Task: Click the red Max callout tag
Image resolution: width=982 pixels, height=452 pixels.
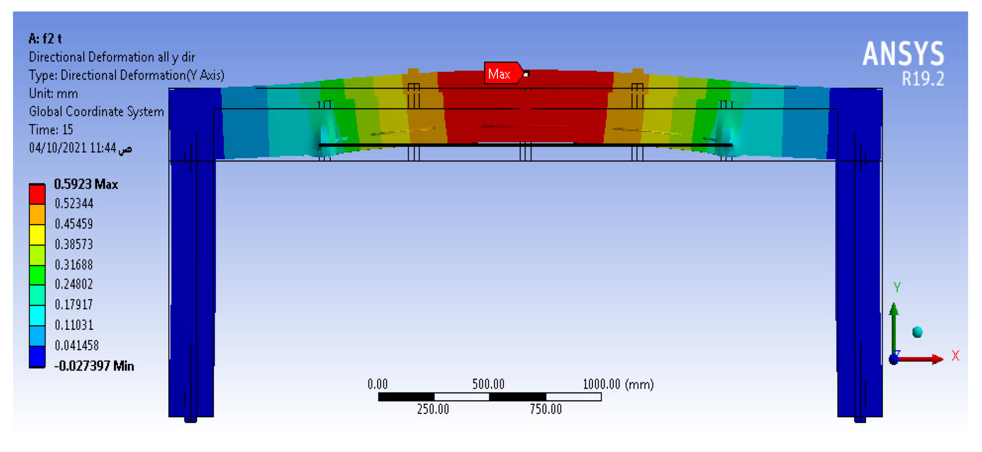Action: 501,74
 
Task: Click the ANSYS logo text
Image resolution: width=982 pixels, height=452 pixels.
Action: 903,54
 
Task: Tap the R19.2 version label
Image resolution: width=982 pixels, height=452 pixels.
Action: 923,79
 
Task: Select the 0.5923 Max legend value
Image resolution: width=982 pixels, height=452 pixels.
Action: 86,184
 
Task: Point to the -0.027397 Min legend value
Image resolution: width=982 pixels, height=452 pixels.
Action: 94,366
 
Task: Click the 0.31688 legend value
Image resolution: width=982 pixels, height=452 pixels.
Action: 74,264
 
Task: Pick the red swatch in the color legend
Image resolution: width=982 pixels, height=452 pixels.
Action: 37,194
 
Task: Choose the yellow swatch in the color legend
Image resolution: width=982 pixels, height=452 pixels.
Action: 37,234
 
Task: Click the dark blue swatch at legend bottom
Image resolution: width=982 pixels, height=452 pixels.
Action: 37,357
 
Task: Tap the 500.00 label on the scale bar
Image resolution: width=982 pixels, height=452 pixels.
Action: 488,384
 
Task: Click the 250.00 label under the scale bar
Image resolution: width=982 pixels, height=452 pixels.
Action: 433,409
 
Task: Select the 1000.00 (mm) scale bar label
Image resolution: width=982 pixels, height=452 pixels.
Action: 618,384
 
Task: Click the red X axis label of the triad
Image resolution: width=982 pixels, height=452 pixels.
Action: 956,356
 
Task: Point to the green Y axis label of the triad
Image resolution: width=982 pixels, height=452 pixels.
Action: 897,287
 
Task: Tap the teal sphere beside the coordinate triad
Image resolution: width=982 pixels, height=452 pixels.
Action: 918,332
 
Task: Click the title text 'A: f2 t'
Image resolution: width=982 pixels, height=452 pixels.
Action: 45,39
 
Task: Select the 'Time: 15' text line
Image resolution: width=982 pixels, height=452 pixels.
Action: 51,130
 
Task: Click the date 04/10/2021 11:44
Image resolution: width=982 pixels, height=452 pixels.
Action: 72,148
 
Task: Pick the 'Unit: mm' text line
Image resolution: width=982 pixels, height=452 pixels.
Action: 53,93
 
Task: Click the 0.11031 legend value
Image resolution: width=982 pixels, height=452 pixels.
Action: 74,325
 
